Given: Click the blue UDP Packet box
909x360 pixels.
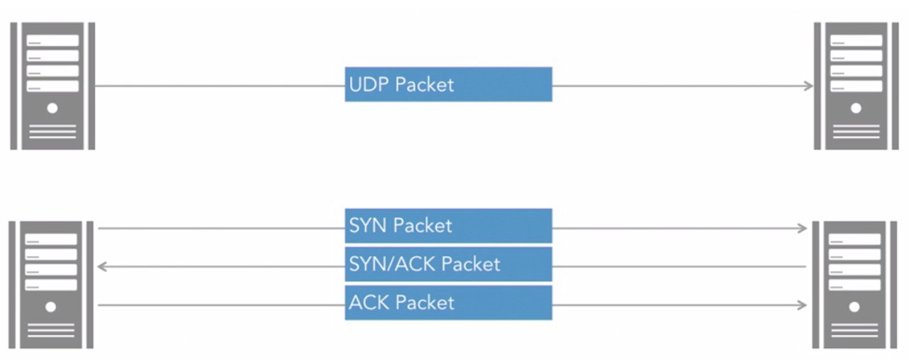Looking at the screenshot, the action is tap(448, 84).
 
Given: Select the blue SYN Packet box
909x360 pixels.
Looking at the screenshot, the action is tap(448, 226).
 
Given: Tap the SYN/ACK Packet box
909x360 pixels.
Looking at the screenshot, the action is tap(448, 264).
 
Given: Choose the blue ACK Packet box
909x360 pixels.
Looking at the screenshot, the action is tap(448, 302).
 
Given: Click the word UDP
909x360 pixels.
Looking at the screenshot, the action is tap(369, 84).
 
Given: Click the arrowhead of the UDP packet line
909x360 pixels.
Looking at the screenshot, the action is tap(809, 86).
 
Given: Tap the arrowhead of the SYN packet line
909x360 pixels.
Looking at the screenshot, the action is tap(802, 228).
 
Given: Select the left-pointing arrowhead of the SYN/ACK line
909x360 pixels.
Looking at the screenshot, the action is tap(102, 267).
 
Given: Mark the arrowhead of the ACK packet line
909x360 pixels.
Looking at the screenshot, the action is tap(802, 305).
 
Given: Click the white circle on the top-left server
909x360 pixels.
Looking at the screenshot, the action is tap(53, 109).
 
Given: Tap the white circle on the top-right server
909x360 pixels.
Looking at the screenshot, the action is tap(856, 109).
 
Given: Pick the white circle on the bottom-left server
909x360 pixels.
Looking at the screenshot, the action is tap(50, 307).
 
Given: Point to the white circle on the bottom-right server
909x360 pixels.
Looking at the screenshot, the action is tap(854, 307).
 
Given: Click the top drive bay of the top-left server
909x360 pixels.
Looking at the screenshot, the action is tap(53, 40).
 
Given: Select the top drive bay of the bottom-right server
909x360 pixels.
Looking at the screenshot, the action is tap(854, 239).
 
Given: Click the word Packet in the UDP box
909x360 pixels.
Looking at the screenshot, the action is tap(425, 84).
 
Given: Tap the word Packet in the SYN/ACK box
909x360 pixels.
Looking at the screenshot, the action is tap(471, 264).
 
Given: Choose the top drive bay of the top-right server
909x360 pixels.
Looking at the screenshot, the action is tap(856, 40).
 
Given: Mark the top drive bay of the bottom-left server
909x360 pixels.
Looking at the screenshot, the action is tap(51, 239).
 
